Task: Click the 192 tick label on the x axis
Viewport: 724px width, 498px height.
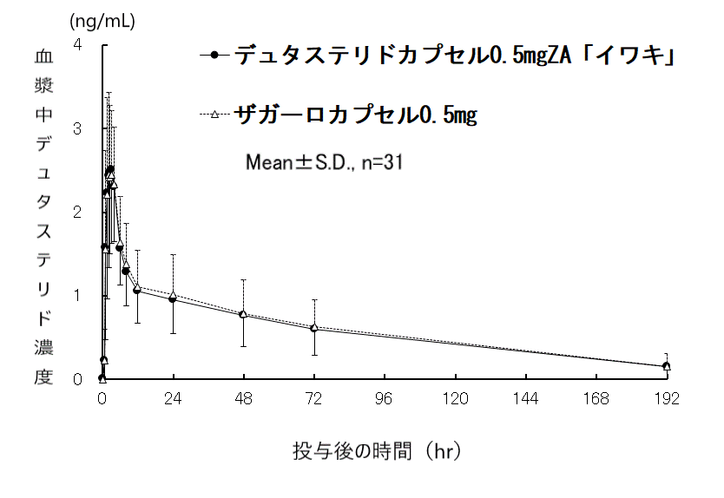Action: [666, 400]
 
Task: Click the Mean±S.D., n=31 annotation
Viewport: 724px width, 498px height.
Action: [320, 161]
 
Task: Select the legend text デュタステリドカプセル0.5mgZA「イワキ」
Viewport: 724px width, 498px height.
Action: [455, 56]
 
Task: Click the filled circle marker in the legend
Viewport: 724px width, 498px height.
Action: [214, 56]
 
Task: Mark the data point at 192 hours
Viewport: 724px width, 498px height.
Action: [666, 366]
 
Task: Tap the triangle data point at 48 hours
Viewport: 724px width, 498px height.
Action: [244, 313]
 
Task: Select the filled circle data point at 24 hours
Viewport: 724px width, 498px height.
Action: [173, 299]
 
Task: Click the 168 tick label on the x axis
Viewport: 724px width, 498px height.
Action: [596, 400]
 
